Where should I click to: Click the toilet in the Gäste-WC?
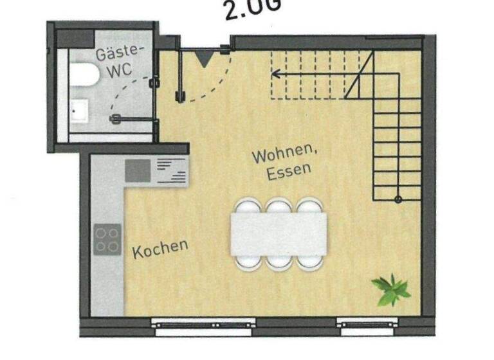pyautogui.click(x=84, y=75)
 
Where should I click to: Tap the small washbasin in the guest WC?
pyautogui.click(x=78, y=111)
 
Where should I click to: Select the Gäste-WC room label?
pyautogui.click(x=120, y=62)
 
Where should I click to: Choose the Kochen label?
pyautogui.click(x=160, y=249)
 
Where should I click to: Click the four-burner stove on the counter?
pyautogui.click(x=107, y=239)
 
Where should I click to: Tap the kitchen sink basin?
pyautogui.click(x=137, y=170)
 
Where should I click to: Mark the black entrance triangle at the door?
pyautogui.click(x=203, y=60)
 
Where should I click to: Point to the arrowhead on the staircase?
pyautogui.click(x=275, y=74)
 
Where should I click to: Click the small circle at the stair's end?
pyautogui.click(x=398, y=199)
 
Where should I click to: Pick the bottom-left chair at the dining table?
pyautogui.click(x=248, y=262)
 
